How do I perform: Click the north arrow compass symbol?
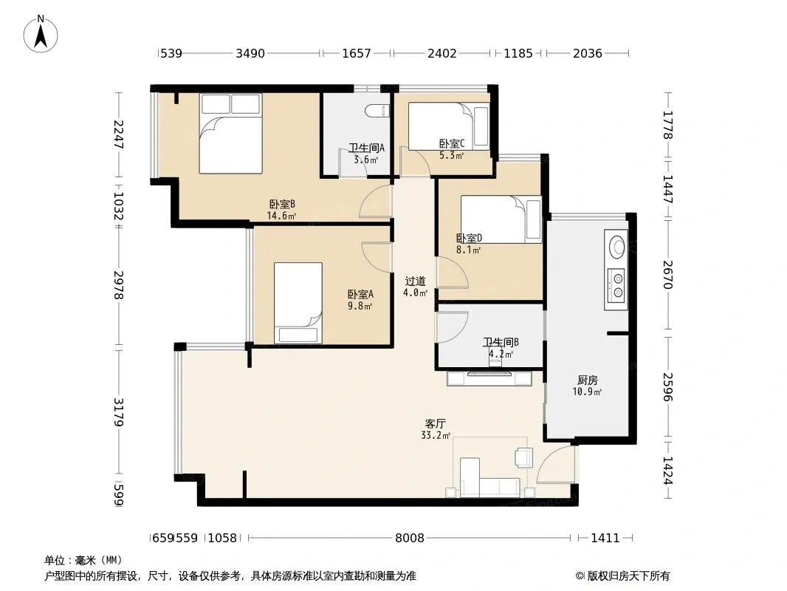coord(41,34)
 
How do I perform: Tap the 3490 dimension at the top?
coord(250,53)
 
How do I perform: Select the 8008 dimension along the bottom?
coord(410,539)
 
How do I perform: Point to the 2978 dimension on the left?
coord(118,285)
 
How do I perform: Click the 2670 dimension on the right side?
coord(667,275)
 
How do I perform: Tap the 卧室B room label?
coord(282,205)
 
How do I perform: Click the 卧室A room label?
coord(360,294)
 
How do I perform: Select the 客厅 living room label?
coord(435,424)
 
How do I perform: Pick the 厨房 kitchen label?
coord(587,380)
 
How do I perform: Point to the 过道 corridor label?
coord(415,281)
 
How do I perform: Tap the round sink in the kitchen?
coord(616,247)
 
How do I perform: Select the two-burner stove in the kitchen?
coord(616,285)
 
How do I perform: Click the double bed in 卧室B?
coord(230,134)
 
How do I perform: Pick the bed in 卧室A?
coord(298,303)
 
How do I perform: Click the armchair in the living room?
coord(523,457)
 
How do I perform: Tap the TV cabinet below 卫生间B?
coord(489,378)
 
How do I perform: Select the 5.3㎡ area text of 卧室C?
coord(451,155)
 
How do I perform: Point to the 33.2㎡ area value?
coord(435,435)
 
